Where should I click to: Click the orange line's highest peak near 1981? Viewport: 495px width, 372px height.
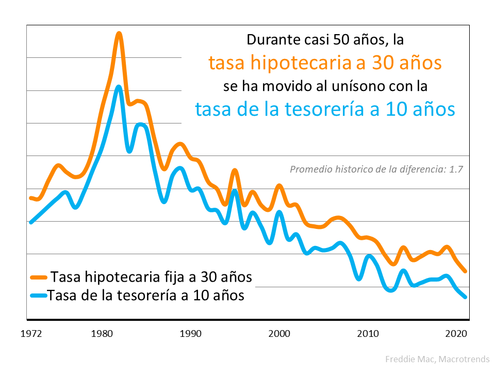click(119, 34)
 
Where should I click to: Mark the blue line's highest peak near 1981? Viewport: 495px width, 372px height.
click(119, 87)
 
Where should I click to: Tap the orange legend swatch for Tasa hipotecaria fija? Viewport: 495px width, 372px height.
click(39, 277)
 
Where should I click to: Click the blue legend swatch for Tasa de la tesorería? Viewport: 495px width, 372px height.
click(39, 296)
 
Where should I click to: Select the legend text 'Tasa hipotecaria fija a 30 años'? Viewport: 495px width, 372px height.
click(152, 277)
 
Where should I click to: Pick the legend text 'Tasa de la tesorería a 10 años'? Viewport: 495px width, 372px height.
click(146, 296)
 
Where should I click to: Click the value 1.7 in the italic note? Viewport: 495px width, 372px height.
click(457, 168)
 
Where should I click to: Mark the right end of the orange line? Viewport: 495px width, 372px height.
click(465, 271)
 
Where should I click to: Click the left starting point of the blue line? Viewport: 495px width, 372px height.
click(31, 222)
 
